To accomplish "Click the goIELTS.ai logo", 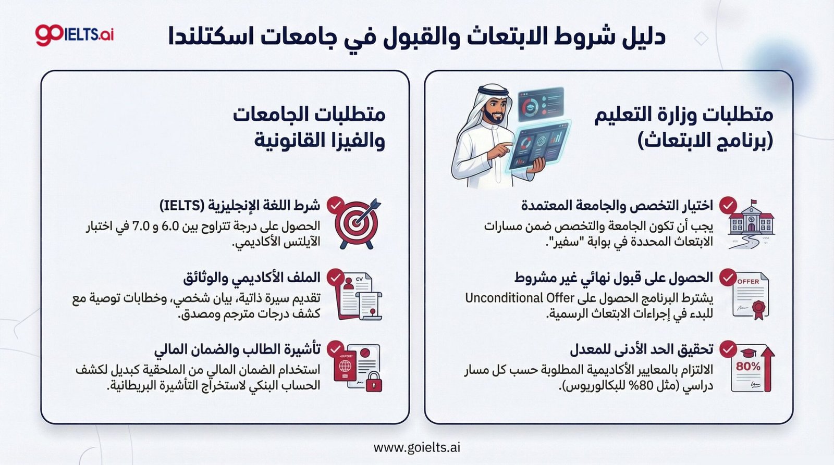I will (x=75, y=34).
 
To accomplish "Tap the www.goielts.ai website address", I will (x=416, y=447).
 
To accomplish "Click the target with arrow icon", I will (x=357, y=223).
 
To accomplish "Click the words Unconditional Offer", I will (x=519, y=298).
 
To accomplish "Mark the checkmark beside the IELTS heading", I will (x=335, y=205).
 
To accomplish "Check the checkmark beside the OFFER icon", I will (x=728, y=278).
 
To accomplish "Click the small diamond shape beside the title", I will (x=701, y=39).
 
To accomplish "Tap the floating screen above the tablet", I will (x=541, y=104).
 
